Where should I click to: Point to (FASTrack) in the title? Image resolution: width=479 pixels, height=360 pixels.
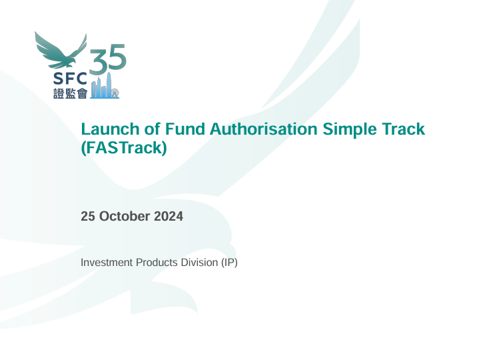pos(123,147)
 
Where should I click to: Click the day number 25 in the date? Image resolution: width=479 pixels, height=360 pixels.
pos(88,216)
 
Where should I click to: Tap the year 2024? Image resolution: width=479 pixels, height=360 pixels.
pos(168,216)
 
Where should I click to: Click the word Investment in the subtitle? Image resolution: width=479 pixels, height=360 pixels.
pos(107,263)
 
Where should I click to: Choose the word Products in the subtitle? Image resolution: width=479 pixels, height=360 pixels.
pos(157,263)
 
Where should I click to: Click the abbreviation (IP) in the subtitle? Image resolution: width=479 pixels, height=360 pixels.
pos(229,263)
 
